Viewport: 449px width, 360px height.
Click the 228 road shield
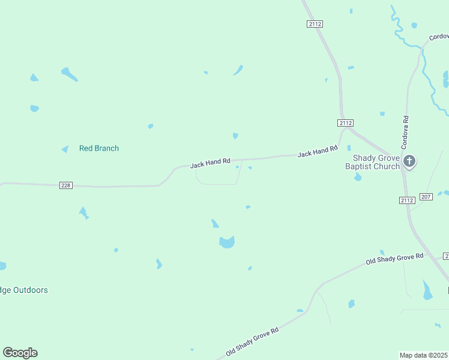[66, 185]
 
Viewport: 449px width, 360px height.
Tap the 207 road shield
[426, 197]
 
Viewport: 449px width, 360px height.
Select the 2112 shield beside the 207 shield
[407, 200]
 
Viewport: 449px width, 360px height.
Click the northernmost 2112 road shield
[315, 23]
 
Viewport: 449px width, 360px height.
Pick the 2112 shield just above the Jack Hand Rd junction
[345, 122]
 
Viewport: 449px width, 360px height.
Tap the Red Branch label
[99, 148]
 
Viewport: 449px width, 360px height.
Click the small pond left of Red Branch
[65, 149]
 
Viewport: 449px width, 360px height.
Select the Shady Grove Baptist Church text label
[372, 162]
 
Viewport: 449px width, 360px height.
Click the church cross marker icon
[409, 161]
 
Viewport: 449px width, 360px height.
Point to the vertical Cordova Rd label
[405, 133]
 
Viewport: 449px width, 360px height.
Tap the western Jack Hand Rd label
[210, 163]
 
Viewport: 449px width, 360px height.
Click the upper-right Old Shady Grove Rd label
[394, 259]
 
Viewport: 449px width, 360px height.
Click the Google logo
[20, 353]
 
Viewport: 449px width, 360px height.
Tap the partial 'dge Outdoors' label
[24, 290]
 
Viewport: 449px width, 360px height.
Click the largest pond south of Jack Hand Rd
[227, 242]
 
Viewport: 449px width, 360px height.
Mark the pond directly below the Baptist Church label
[358, 177]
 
